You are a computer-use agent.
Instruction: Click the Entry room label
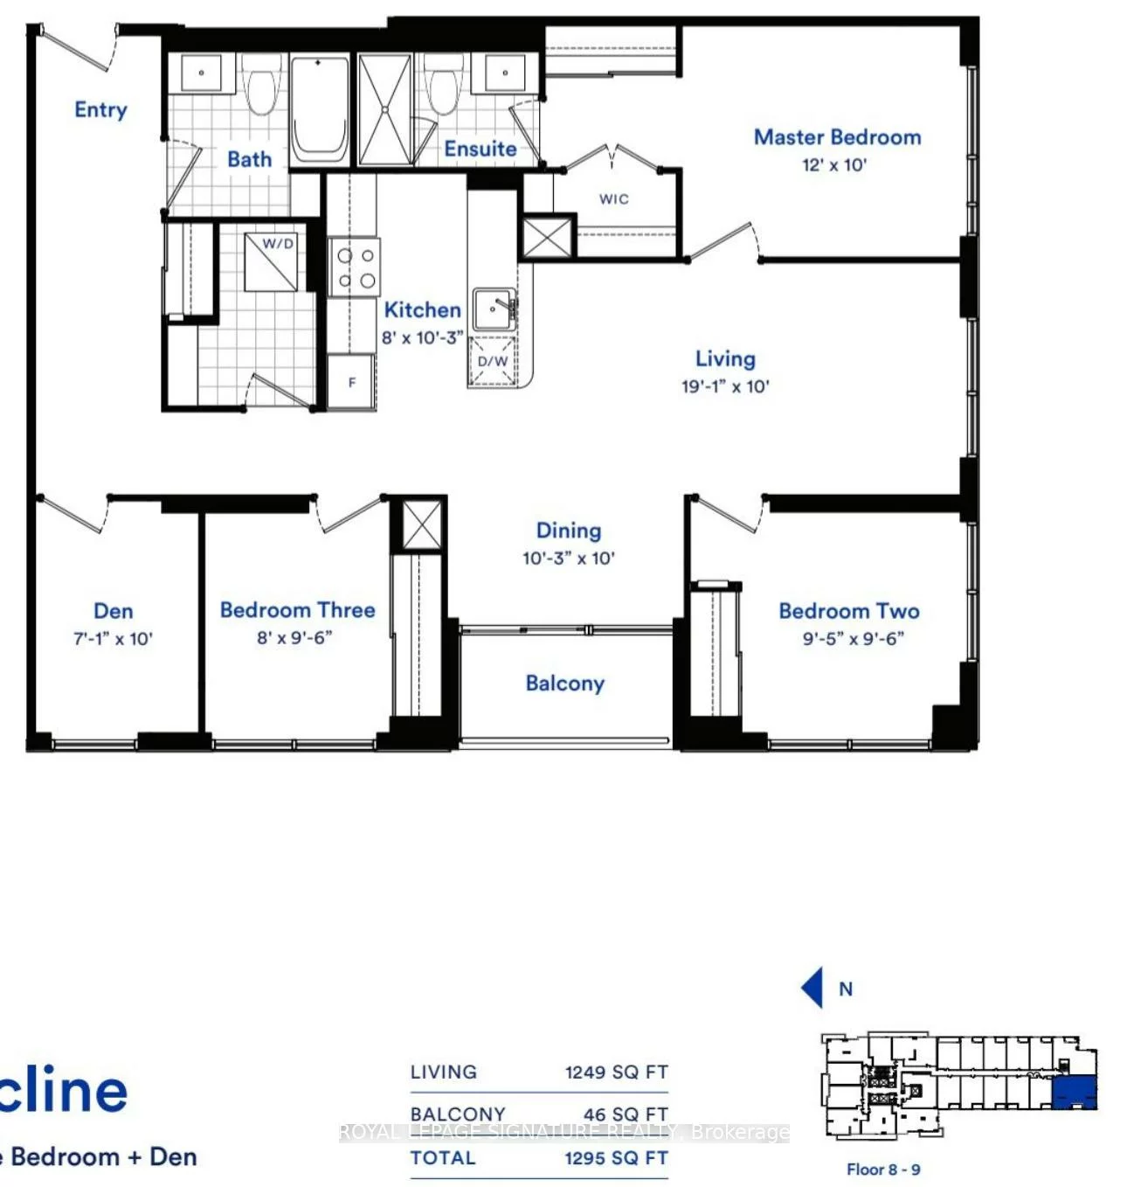(100, 110)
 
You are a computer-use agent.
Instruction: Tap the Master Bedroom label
(837, 137)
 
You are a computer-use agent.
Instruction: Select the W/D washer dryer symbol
(277, 260)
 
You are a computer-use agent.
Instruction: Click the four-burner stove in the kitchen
(356, 267)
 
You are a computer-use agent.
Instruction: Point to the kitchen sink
(494, 309)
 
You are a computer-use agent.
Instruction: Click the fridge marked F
(352, 382)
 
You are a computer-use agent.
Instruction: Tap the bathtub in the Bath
(319, 109)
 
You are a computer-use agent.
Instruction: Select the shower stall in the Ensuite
(385, 109)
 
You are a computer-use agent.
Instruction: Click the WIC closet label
(614, 199)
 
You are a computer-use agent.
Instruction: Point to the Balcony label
(565, 684)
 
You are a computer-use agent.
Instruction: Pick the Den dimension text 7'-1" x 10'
(113, 639)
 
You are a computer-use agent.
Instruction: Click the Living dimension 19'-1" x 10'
(725, 386)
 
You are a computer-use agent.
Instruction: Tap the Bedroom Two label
(848, 611)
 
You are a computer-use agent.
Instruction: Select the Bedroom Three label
(297, 610)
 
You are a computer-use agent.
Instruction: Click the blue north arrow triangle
(813, 988)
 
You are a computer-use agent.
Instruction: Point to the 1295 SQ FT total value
(616, 1158)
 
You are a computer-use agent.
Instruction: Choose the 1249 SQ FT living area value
(616, 1072)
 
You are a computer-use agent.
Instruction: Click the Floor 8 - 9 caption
(882, 1170)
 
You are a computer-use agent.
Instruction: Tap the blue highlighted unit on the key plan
(1074, 1093)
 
